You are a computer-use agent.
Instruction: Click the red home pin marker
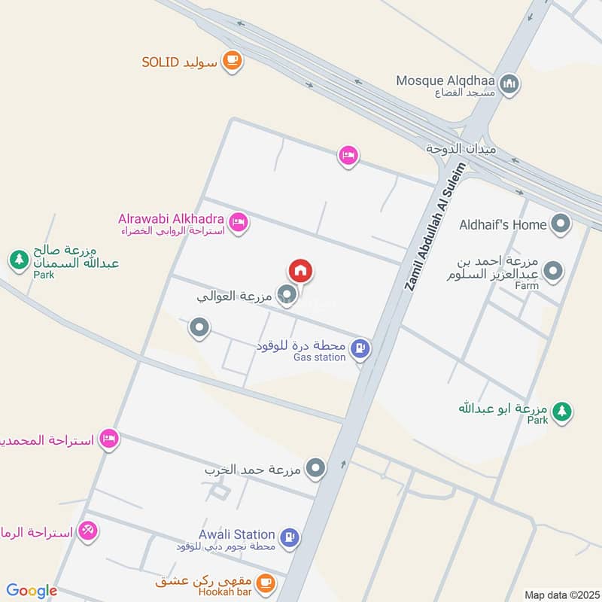coord(300,270)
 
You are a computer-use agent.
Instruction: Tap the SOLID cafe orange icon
coord(232,61)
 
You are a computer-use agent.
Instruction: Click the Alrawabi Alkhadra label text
coord(171,218)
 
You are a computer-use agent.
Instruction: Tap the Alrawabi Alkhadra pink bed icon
coord(238,222)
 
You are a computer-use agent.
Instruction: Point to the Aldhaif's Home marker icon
coord(560,223)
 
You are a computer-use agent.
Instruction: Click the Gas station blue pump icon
coord(361,348)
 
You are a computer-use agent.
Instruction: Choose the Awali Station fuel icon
coord(289,537)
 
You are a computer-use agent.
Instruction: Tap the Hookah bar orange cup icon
coord(265,582)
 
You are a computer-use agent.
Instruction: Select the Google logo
coord(32,591)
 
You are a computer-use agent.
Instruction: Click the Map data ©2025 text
coord(561,594)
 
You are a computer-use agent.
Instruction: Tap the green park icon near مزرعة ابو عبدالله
coord(561,411)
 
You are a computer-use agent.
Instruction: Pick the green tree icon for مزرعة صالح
coord(18,260)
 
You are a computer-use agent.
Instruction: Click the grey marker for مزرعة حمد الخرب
coord(316,470)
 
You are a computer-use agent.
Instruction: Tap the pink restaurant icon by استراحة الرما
coord(88,531)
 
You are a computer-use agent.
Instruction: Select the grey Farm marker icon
coord(553,271)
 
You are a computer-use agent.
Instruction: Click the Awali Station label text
coord(236,534)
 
